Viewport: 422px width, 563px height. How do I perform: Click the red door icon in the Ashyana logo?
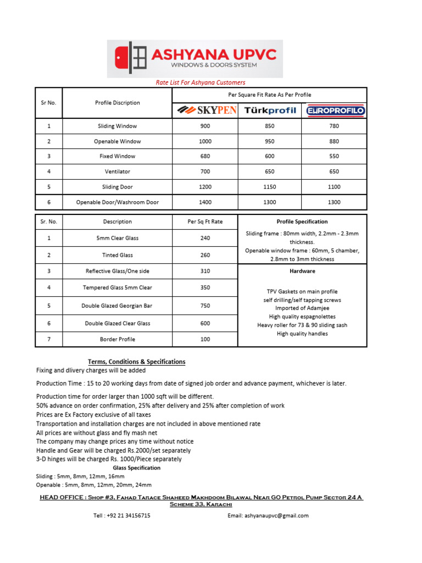(122, 57)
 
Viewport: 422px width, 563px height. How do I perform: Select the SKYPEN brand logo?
(206, 111)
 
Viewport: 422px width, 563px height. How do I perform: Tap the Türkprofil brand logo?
(270, 111)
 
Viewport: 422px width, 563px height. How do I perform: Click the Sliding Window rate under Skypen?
(206, 126)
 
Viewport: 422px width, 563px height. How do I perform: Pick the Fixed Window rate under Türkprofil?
(270, 157)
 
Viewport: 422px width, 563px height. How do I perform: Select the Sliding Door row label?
(117, 187)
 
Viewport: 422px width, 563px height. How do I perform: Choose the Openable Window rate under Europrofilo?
(334, 141)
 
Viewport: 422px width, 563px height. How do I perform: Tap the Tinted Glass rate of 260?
(206, 255)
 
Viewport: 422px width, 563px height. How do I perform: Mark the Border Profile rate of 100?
(206, 339)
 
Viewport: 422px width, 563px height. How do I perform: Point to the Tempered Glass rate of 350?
(206, 288)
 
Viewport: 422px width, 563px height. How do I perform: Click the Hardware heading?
(302, 271)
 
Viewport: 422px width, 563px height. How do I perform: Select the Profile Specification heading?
(302, 222)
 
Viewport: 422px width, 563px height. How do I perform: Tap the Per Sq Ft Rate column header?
(206, 222)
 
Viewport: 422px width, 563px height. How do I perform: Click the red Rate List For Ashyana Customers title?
(201, 82)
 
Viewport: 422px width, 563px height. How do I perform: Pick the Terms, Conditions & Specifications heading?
(137, 362)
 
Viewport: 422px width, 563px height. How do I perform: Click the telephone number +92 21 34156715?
(121, 516)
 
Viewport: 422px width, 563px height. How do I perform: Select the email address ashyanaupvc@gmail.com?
(268, 516)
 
